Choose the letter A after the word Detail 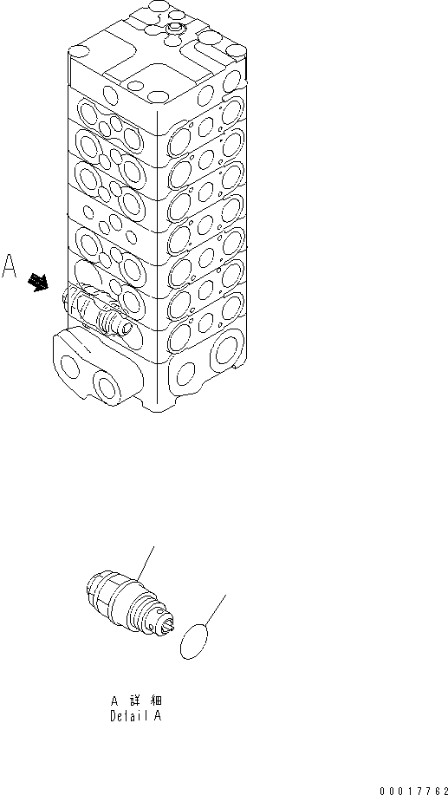[x=157, y=716]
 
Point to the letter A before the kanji [x=114, y=701]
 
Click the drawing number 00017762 [x=412, y=789]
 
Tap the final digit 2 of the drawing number [x=442, y=789]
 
